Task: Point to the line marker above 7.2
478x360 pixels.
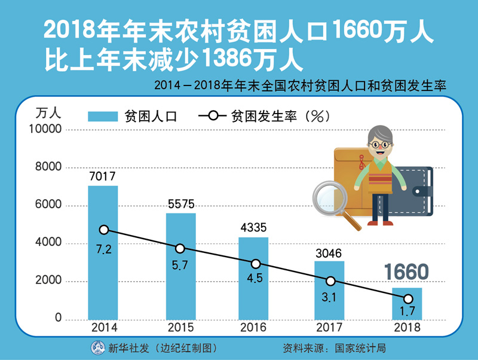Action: pyautogui.click(x=104, y=230)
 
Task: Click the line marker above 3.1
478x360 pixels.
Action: pyautogui.click(x=330, y=281)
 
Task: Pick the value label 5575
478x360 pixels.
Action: pyautogui.click(x=180, y=204)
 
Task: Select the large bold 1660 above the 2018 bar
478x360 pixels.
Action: pyautogui.click(x=406, y=272)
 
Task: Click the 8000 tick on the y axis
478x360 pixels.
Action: pyautogui.click(x=48, y=167)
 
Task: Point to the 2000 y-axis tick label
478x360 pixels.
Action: pyautogui.click(x=48, y=281)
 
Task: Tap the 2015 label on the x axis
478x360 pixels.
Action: pyautogui.click(x=180, y=328)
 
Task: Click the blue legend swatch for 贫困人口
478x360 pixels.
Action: pyautogui.click(x=103, y=117)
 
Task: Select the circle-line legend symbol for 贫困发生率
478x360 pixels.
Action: pyautogui.click(x=214, y=117)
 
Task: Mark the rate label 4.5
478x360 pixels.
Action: pyautogui.click(x=255, y=279)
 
